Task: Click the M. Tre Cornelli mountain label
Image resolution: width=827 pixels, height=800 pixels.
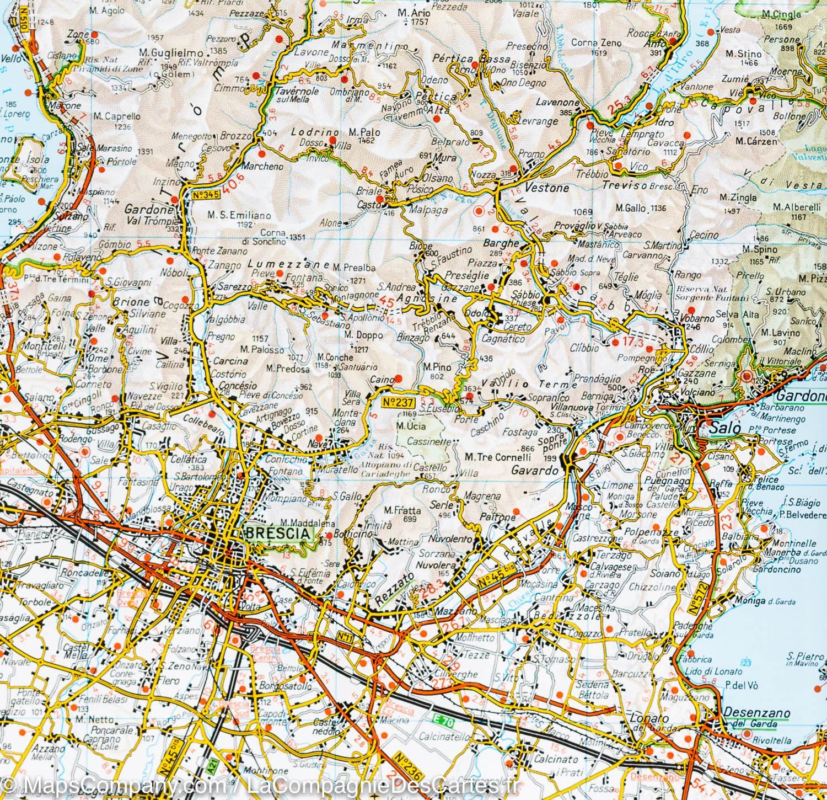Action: click(x=497, y=457)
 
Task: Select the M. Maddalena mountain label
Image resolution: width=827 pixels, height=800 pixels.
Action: click(x=300, y=523)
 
